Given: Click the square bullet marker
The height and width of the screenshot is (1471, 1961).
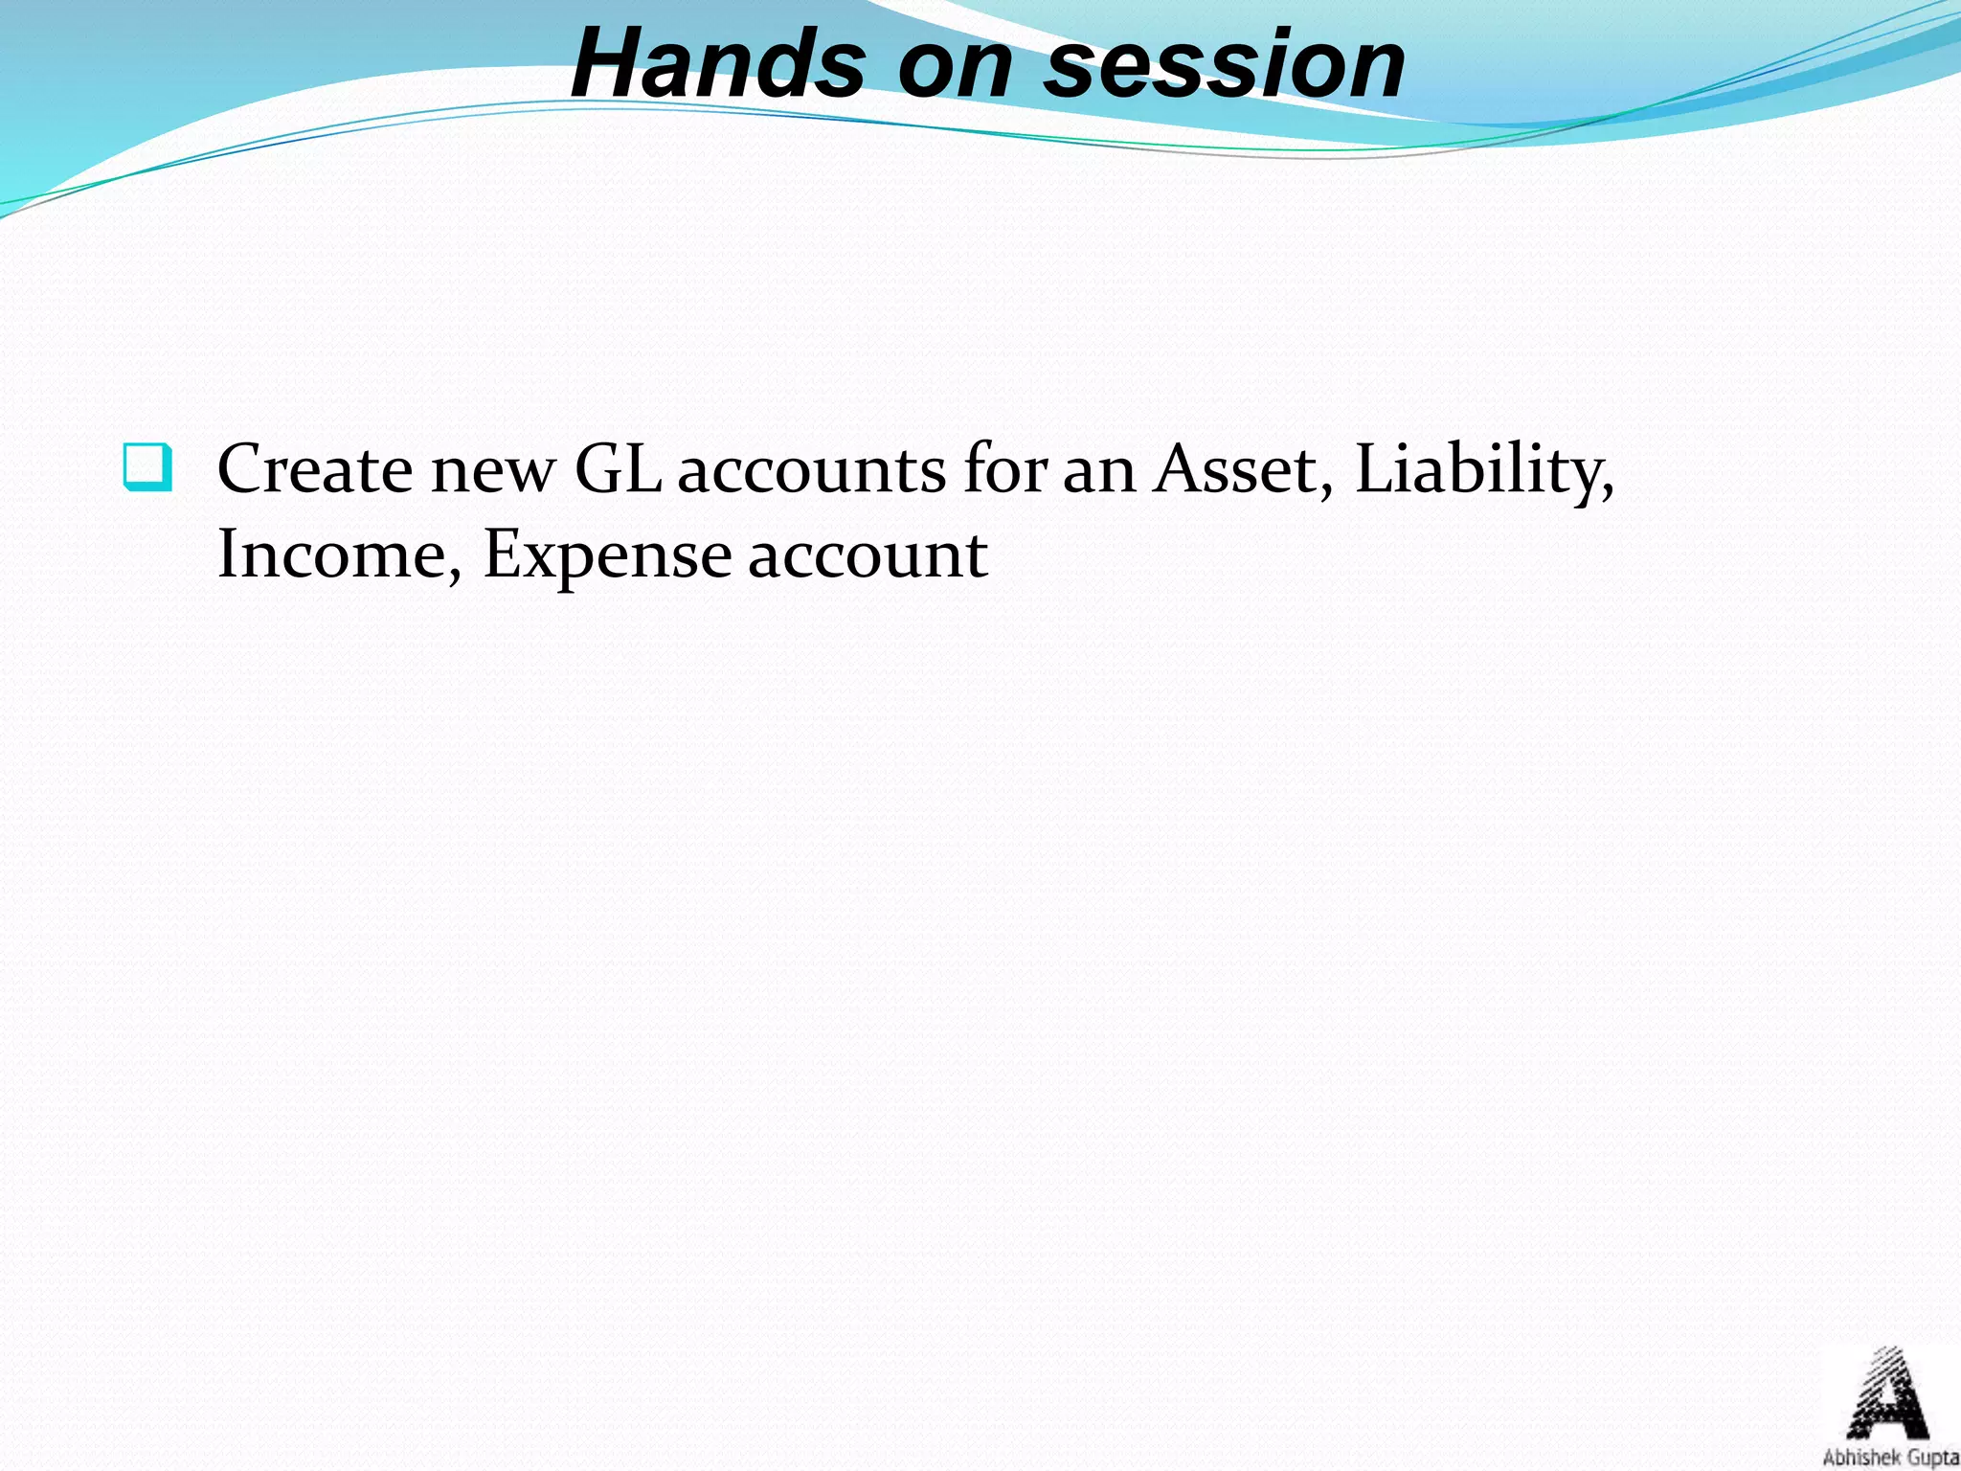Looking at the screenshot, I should click(148, 467).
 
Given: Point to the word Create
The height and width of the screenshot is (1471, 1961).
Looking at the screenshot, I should click(314, 469).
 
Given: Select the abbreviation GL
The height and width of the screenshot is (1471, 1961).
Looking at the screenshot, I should click(618, 469).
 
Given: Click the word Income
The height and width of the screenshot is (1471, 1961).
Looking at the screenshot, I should click(331, 554).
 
